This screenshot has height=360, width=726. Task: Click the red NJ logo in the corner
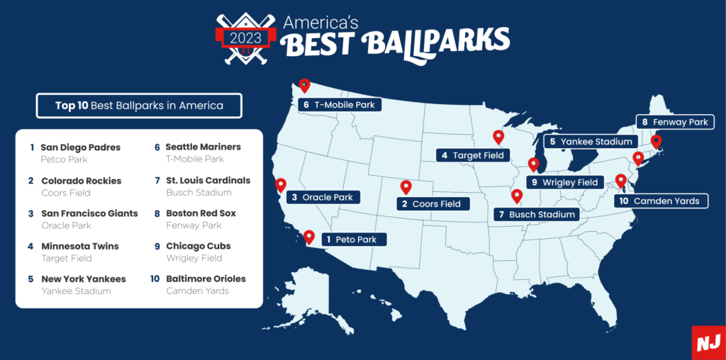[x=708, y=342]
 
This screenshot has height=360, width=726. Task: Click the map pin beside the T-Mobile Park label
[x=304, y=86]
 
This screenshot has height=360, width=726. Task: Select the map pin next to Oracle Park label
[x=281, y=185]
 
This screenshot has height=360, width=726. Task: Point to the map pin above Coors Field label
[x=406, y=187]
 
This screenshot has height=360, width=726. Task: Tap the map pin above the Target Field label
[x=498, y=137]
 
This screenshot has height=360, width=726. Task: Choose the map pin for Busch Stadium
[x=516, y=196]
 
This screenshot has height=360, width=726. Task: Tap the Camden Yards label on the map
[x=661, y=201]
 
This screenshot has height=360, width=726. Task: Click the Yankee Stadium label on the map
[x=590, y=142]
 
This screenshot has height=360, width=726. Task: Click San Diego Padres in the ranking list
[x=80, y=147]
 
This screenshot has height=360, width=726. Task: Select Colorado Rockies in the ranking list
[x=81, y=181]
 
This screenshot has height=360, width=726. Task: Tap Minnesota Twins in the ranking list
[x=79, y=246]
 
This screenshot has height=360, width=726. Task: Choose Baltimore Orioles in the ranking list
[x=206, y=279]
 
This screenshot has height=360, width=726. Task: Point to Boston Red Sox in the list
[x=201, y=213]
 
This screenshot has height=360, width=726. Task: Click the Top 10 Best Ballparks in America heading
[x=139, y=106]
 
